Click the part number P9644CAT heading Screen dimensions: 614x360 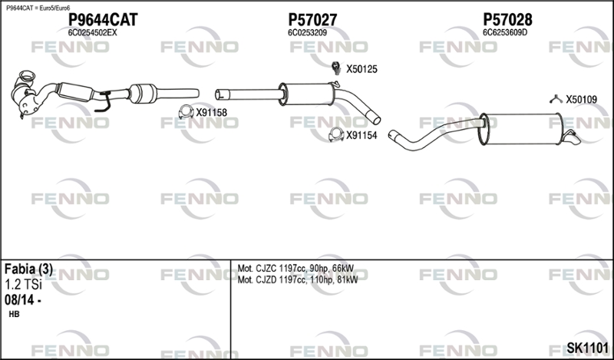(x=103, y=19)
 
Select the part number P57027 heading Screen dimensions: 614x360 (x=312, y=19)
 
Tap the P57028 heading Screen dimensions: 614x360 (x=507, y=19)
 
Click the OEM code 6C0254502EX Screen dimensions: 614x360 (x=92, y=33)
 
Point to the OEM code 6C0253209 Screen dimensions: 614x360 (x=308, y=33)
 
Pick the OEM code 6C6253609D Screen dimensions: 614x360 (x=505, y=33)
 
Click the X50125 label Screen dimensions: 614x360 (x=361, y=69)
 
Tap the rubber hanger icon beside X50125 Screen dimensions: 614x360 (x=336, y=68)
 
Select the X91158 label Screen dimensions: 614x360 (x=212, y=113)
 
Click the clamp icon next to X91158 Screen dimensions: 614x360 (x=186, y=112)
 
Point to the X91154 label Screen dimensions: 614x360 (x=361, y=136)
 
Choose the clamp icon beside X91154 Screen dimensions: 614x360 (x=336, y=135)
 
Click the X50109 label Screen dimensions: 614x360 (x=582, y=100)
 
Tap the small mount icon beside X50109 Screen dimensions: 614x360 (x=556, y=100)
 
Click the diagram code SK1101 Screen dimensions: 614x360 (x=587, y=348)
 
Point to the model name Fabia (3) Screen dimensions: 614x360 (x=28, y=269)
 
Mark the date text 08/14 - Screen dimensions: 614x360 (x=23, y=300)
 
